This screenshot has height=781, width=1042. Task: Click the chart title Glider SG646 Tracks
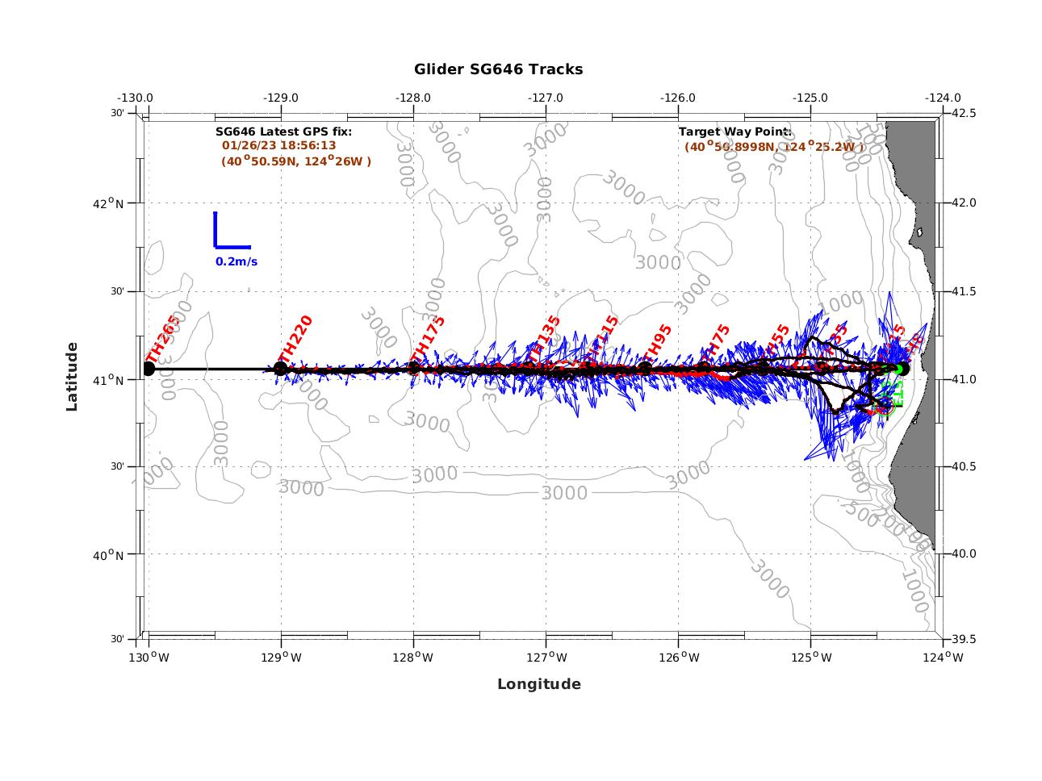(498, 69)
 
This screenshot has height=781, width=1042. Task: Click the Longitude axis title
(538, 684)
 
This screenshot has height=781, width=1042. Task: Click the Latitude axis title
(73, 376)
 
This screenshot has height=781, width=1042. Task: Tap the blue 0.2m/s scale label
(236, 261)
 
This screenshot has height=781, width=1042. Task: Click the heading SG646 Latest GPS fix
(283, 131)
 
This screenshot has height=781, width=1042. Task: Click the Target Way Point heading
(734, 131)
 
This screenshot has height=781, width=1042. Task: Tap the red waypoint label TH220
(295, 339)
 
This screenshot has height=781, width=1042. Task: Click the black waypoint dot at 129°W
(281, 369)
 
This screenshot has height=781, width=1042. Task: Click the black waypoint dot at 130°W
(149, 369)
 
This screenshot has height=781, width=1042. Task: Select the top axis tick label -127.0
(546, 98)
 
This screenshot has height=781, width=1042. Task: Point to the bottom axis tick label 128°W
(413, 658)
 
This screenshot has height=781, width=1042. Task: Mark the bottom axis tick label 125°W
(810, 658)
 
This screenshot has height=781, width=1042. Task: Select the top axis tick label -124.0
(943, 98)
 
